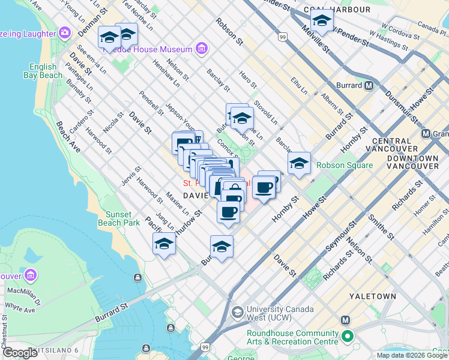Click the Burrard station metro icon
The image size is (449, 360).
point(369,85)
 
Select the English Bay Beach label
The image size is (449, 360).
point(43,71)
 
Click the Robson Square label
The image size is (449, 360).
point(344,165)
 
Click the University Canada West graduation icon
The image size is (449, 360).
point(238,313)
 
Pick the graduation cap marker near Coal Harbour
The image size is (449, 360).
point(322,22)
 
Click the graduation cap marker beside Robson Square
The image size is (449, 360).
point(299,163)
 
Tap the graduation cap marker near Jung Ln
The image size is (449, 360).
point(164,244)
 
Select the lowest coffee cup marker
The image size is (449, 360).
point(228,212)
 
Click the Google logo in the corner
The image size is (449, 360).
point(20,352)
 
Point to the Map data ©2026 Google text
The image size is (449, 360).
point(412,355)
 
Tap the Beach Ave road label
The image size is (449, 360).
point(68,136)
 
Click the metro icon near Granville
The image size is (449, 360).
point(426,133)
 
